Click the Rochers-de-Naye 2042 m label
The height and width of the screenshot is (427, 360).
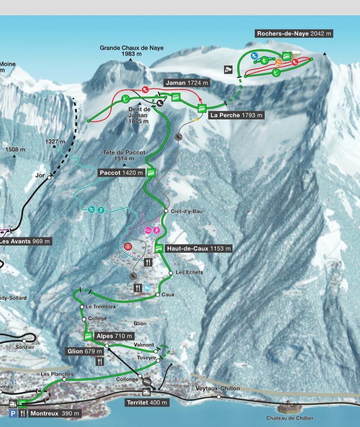coord(294,34)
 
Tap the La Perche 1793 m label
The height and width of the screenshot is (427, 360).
coord(236,115)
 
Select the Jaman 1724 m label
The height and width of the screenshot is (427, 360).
coord(186,83)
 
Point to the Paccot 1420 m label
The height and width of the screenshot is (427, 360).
coord(121,173)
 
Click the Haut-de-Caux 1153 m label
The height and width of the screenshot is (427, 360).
coord(198,249)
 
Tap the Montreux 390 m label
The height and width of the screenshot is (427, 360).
coord(54,413)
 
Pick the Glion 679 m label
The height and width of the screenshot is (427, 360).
coord(85,352)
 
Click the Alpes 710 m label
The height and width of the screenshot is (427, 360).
coord(114,336)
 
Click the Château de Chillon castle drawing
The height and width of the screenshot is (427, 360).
coord(289,407)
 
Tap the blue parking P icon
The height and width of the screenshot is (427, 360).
coord(13,413)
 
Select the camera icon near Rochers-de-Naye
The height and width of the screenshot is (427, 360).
coord(228,69)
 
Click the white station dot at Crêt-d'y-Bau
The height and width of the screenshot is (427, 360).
coord(166,211)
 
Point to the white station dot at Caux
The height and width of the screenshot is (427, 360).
coord(158,294)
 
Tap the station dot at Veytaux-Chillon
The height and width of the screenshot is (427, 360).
coord(219,397)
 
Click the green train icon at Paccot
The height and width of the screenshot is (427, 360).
coord(151,172)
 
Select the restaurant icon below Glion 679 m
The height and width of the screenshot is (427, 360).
coord(100,361)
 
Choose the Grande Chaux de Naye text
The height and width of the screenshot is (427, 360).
coord(131,48)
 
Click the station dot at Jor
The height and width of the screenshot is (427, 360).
coord(49,177)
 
